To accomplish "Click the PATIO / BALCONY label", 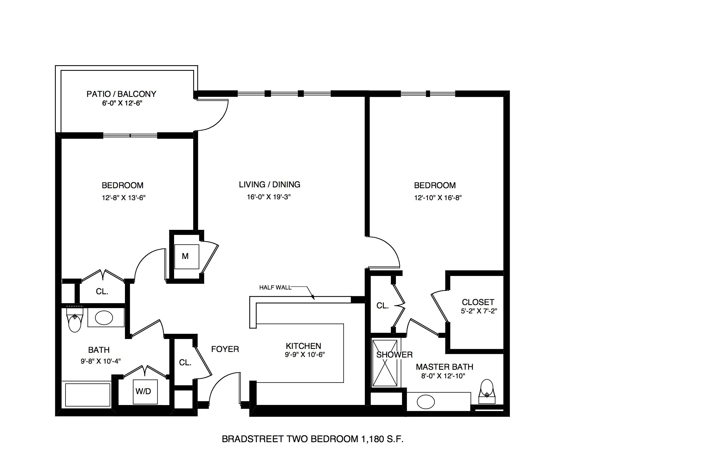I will point(121,94).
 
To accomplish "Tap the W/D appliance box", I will point(145,392).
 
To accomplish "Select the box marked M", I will point(187,257).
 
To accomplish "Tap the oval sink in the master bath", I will point(426,402).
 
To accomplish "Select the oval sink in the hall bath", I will point(104,318).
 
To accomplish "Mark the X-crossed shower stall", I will point(385,363).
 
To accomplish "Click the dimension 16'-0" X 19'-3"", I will point(269,197).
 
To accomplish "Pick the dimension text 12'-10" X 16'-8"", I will point(438,198).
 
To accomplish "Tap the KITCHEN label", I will point(303,346).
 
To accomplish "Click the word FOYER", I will point(225,349).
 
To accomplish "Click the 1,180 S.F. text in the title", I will point(382,439).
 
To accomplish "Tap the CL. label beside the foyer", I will point(185,363).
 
